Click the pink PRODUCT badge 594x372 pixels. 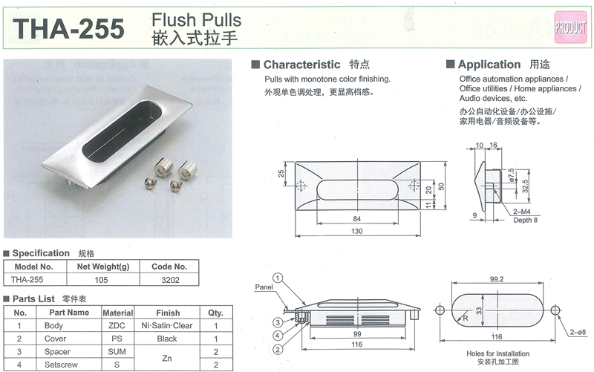coord(570,27)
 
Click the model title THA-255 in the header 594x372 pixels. coord(68,29)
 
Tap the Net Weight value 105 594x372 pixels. coord(101,280)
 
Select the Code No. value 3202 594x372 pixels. coord(170,280)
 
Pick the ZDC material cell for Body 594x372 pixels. coord(117,326)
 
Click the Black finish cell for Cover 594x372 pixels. coord(167,339)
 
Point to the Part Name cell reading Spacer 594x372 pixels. coord(57,352)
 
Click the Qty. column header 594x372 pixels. coord(215,313)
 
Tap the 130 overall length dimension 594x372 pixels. coord(357,231)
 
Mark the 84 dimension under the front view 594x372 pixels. coord(357,219)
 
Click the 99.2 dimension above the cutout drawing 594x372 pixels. coord(497,279)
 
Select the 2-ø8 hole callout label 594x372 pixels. coord(578,332)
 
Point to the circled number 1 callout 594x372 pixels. coord(278,278)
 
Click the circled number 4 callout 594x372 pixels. coord(278,336)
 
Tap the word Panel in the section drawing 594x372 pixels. coord(264,287)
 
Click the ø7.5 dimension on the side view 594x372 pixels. coord(512,175)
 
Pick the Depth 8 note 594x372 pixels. coord(525,220)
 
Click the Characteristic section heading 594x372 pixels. coord(301,65)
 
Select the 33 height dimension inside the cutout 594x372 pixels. coord(479,310)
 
